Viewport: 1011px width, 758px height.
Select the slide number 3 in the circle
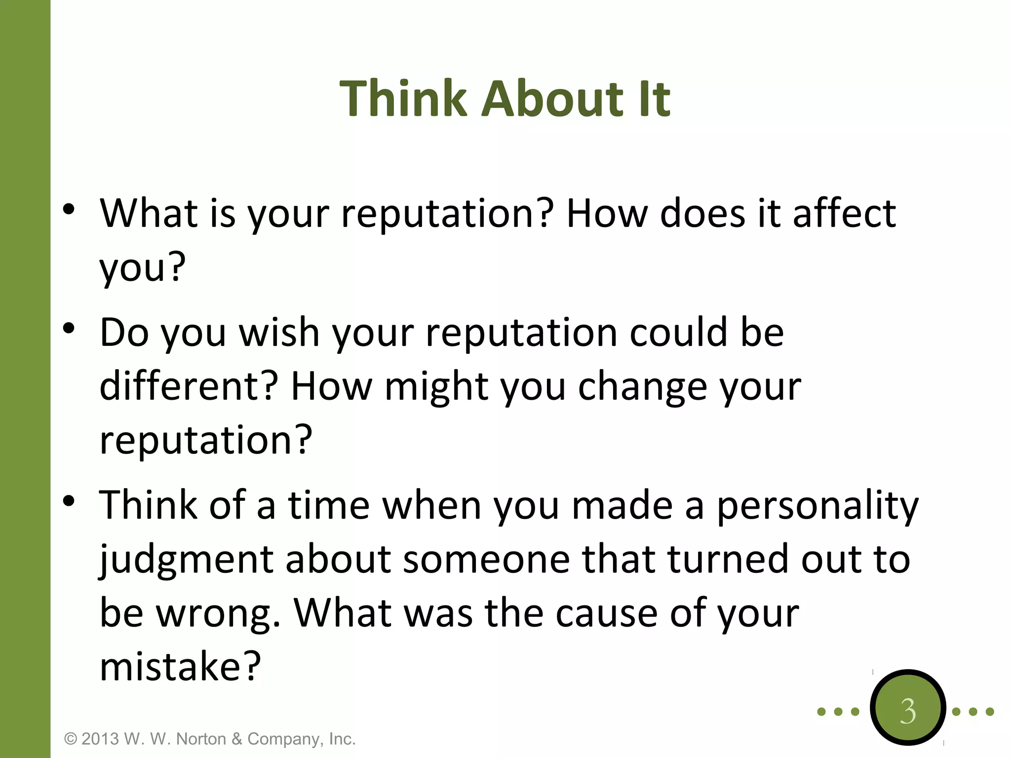tap(907, 711)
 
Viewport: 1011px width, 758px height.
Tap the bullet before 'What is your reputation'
tap(69, 210)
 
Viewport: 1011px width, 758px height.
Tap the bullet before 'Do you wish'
tap(69, 328)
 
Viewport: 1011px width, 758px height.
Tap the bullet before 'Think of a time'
tap(69, 501)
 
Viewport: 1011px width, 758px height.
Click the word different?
tap(189, 386)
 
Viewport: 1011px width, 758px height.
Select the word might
tap(436, 386)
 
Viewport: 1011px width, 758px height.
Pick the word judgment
tap(187, 560)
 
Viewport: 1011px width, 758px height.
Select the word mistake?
tap(180, 667)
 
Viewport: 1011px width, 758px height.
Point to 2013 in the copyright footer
tap(100, 739)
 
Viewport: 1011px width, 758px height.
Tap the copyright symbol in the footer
tap(71, 739)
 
